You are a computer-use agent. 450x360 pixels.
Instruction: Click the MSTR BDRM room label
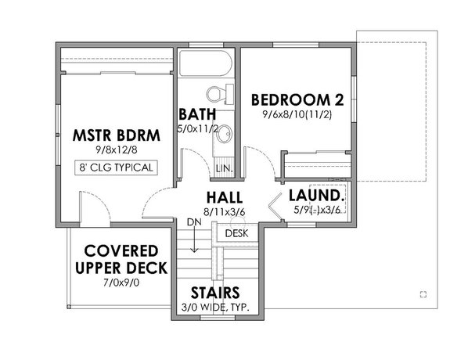116,135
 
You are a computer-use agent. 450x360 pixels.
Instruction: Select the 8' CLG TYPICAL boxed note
116,167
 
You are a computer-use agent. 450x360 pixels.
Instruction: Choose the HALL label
224,196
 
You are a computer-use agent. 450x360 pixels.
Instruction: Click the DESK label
236,233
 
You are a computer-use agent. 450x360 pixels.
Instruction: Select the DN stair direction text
194,223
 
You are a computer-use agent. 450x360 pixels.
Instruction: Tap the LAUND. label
313,194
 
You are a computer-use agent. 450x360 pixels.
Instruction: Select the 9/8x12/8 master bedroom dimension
116,150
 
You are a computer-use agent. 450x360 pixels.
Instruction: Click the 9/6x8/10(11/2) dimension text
297,114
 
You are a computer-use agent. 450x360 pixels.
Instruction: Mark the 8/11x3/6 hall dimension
224,211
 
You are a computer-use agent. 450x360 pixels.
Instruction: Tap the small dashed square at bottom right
423,294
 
